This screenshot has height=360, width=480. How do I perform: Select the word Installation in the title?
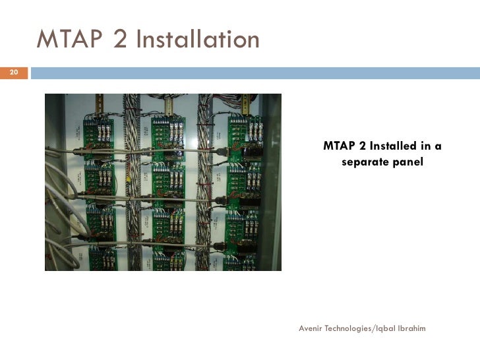coord(197,40)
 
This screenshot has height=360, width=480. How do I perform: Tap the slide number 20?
coord(15,72)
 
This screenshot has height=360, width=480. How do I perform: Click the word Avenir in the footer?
coord(313,328)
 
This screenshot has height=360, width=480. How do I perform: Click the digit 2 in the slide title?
coord(121,40)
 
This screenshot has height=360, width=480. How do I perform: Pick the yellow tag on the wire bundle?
coord(129,178)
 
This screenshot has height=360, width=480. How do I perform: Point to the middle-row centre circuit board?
coord(169,185)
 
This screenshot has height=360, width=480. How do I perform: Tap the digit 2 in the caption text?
coord(359,146)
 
